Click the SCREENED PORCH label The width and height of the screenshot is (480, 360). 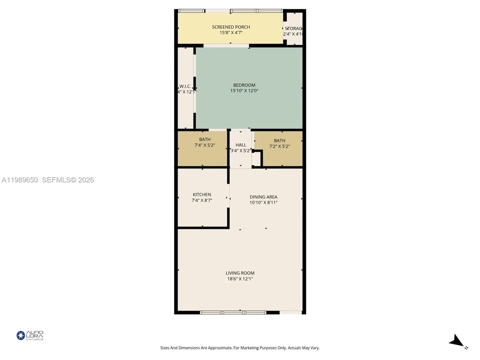(231, 27)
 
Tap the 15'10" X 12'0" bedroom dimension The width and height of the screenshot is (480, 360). (244, 91)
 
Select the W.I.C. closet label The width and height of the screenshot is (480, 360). (185, 86)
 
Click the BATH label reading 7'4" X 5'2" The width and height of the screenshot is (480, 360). (205, 139)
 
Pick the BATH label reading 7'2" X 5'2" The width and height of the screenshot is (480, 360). (279, 141)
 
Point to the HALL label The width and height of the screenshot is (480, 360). (241, 145)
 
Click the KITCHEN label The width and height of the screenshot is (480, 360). (202, 195)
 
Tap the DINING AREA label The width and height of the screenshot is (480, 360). (263, 197)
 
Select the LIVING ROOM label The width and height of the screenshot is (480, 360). (240, 273)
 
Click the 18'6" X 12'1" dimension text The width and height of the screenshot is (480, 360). (240, 279)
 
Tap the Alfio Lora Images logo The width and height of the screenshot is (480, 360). (30, 335)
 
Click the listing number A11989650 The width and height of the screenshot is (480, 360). (20, 180)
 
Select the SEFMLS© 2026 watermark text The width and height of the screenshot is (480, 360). (68, 180)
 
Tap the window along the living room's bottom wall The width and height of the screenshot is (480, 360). (233, 313)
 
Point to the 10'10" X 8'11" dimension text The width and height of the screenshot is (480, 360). (263, 202)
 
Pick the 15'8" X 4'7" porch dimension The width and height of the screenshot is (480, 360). (231, 33)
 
